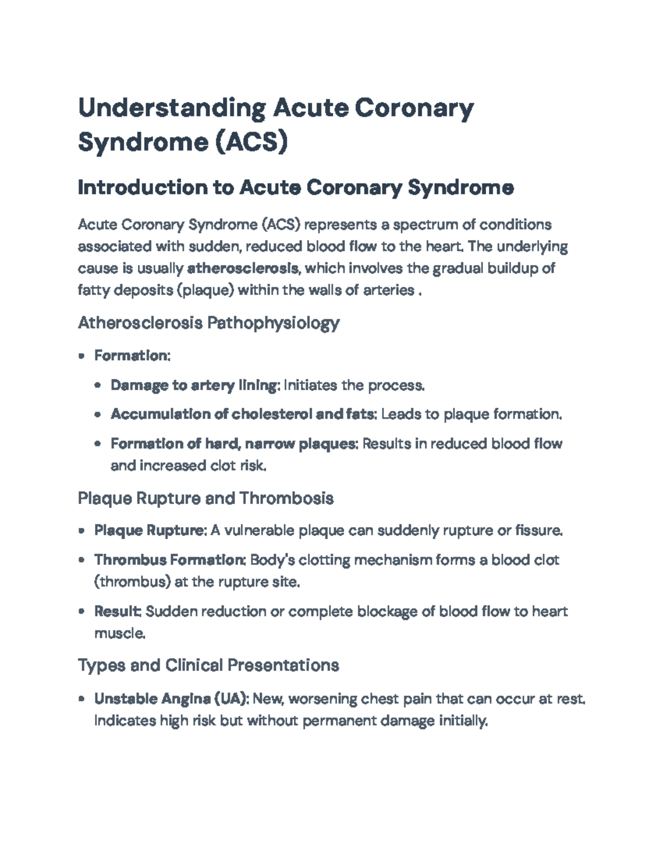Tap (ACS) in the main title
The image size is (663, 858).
pos(251,143)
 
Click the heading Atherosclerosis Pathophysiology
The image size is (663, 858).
pos(208,323)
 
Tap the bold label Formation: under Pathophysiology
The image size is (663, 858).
pos(132,356)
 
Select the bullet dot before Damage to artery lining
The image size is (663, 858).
pos(98,386)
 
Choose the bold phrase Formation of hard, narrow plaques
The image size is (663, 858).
pos(235,444)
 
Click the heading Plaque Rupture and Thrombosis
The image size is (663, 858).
pos(206,499)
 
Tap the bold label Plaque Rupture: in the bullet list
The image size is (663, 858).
pos(150,531)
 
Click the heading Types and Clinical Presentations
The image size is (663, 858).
pos(208,665)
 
